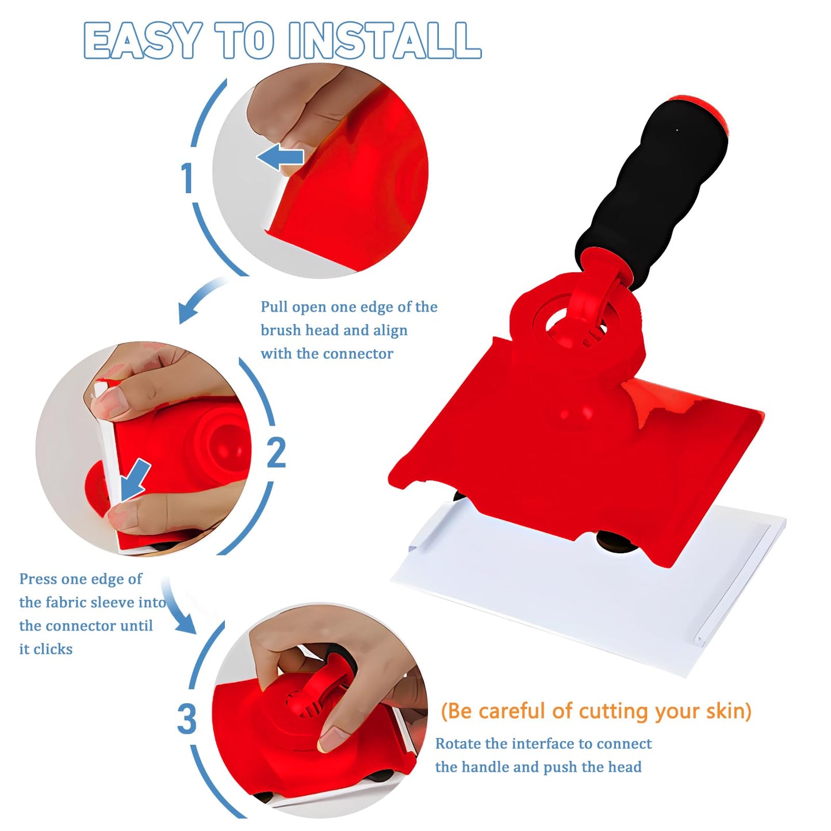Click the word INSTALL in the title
point(384,41)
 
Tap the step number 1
point(186,178)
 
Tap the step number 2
point(276,453)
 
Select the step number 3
point(186,719)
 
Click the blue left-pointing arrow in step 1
point(280,157)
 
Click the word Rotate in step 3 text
point(458,744)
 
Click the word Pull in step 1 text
point(274,307)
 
